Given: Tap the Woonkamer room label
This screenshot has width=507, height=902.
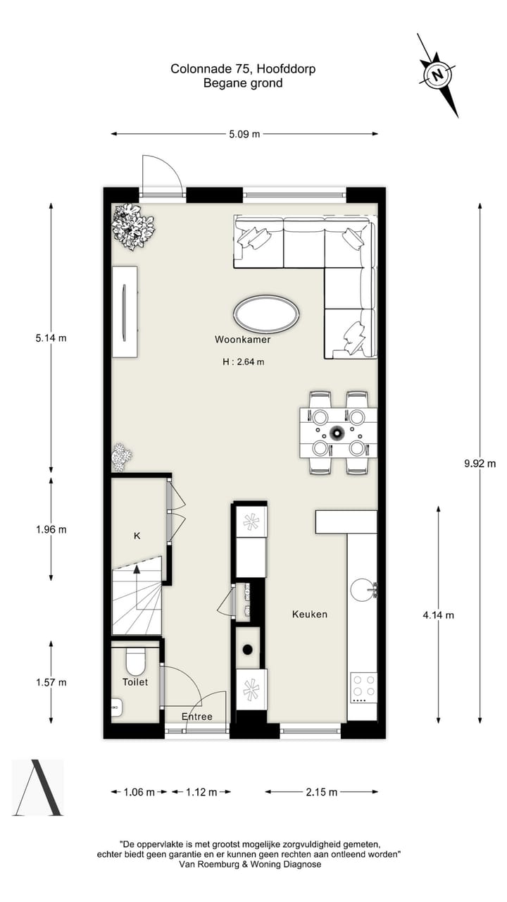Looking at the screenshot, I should tap(243, 339).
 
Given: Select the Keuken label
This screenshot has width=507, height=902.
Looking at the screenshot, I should tap(310, 614).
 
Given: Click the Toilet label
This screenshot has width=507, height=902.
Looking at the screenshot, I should tap(135, 681).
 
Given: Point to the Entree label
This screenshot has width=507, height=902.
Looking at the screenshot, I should tap(196, 716).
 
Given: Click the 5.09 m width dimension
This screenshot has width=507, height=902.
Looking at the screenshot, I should tap(244, 133).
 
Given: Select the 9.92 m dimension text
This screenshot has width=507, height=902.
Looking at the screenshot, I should tap(480, 463).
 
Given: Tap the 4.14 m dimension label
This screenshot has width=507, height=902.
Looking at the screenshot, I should tap(438, 614).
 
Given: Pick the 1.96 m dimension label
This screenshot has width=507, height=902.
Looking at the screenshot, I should tap(51, 529).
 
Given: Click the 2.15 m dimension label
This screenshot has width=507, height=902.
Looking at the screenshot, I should tap(321, 791).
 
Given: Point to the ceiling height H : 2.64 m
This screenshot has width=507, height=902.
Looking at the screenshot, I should tap(243, 362).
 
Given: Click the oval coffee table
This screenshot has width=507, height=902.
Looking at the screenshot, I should tap(265, 314).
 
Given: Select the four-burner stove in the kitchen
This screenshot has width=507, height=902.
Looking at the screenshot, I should tap(363, 687).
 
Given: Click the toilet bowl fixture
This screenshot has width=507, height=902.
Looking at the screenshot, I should tap(134, 660).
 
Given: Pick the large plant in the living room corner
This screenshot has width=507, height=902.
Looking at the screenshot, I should tap(133, 225).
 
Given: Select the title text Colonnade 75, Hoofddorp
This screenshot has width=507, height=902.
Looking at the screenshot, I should tap(243, 69).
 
